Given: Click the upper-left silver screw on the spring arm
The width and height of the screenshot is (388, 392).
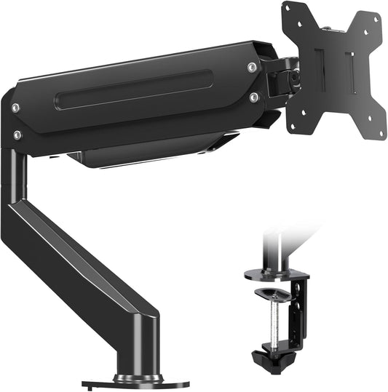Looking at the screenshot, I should click(x=15, y=108).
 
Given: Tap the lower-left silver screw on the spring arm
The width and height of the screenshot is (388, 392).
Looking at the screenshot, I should click(x=17, y=135).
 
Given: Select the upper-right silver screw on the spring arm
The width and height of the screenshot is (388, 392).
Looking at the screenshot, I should click(x=251, y=68).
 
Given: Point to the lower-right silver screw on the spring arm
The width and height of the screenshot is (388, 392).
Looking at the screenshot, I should click(x=253, y=96).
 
